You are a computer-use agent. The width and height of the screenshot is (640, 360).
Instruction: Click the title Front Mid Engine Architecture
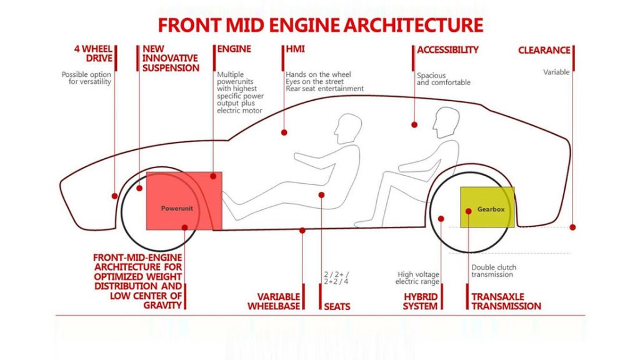(320, 25)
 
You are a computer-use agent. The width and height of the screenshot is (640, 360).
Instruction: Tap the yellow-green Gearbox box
(487, 207)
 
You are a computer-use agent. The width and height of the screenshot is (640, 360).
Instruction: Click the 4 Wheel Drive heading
(94, 54)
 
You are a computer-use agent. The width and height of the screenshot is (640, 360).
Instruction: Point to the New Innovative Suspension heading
(171, 58)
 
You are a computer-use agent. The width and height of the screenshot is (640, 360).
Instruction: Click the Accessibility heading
(447, 49)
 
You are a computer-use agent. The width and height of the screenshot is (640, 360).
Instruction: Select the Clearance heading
(544, 50)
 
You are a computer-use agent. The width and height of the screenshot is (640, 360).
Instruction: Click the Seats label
(337, 306)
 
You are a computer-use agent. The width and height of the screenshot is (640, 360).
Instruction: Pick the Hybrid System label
(420, 301)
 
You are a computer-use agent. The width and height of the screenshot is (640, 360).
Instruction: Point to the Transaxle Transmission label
(506, 301)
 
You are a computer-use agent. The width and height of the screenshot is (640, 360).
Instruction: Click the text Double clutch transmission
(494, 271)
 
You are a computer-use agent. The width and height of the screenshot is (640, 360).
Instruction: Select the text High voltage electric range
(419, 278)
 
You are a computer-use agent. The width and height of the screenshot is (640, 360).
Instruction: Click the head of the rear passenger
(446, 121)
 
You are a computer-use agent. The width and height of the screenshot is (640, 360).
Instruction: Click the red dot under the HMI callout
(284, 132)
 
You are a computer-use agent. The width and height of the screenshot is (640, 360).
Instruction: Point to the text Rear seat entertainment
(324, 89)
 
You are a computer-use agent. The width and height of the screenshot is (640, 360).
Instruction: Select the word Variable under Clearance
(556, 72)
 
